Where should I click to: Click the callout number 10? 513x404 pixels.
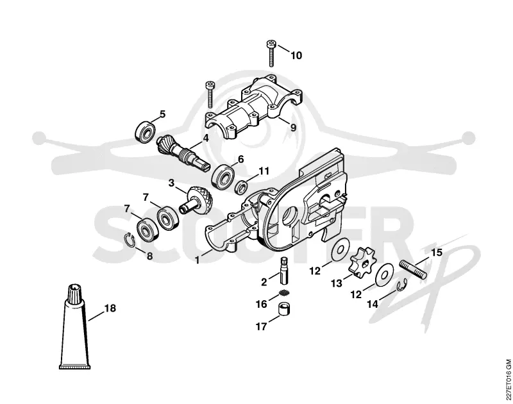tap(296, 56)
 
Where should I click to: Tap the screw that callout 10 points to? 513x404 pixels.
tap(271, 53)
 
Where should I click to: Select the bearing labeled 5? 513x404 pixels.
tap(145, 131)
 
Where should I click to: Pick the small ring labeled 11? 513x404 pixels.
tap(241, 187)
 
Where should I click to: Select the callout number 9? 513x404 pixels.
tap(293, 126)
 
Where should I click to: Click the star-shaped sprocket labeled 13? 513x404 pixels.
tap(362, 262)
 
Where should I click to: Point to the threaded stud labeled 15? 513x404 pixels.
tap(413, 269)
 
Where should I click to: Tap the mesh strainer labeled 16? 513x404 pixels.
tap(285, 292)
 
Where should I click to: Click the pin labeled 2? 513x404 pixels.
tap(284, 271)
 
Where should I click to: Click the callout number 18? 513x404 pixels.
tap(110, 308)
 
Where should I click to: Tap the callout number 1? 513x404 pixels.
tap(197, 260)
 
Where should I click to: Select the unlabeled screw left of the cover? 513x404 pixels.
tap(210, 94)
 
